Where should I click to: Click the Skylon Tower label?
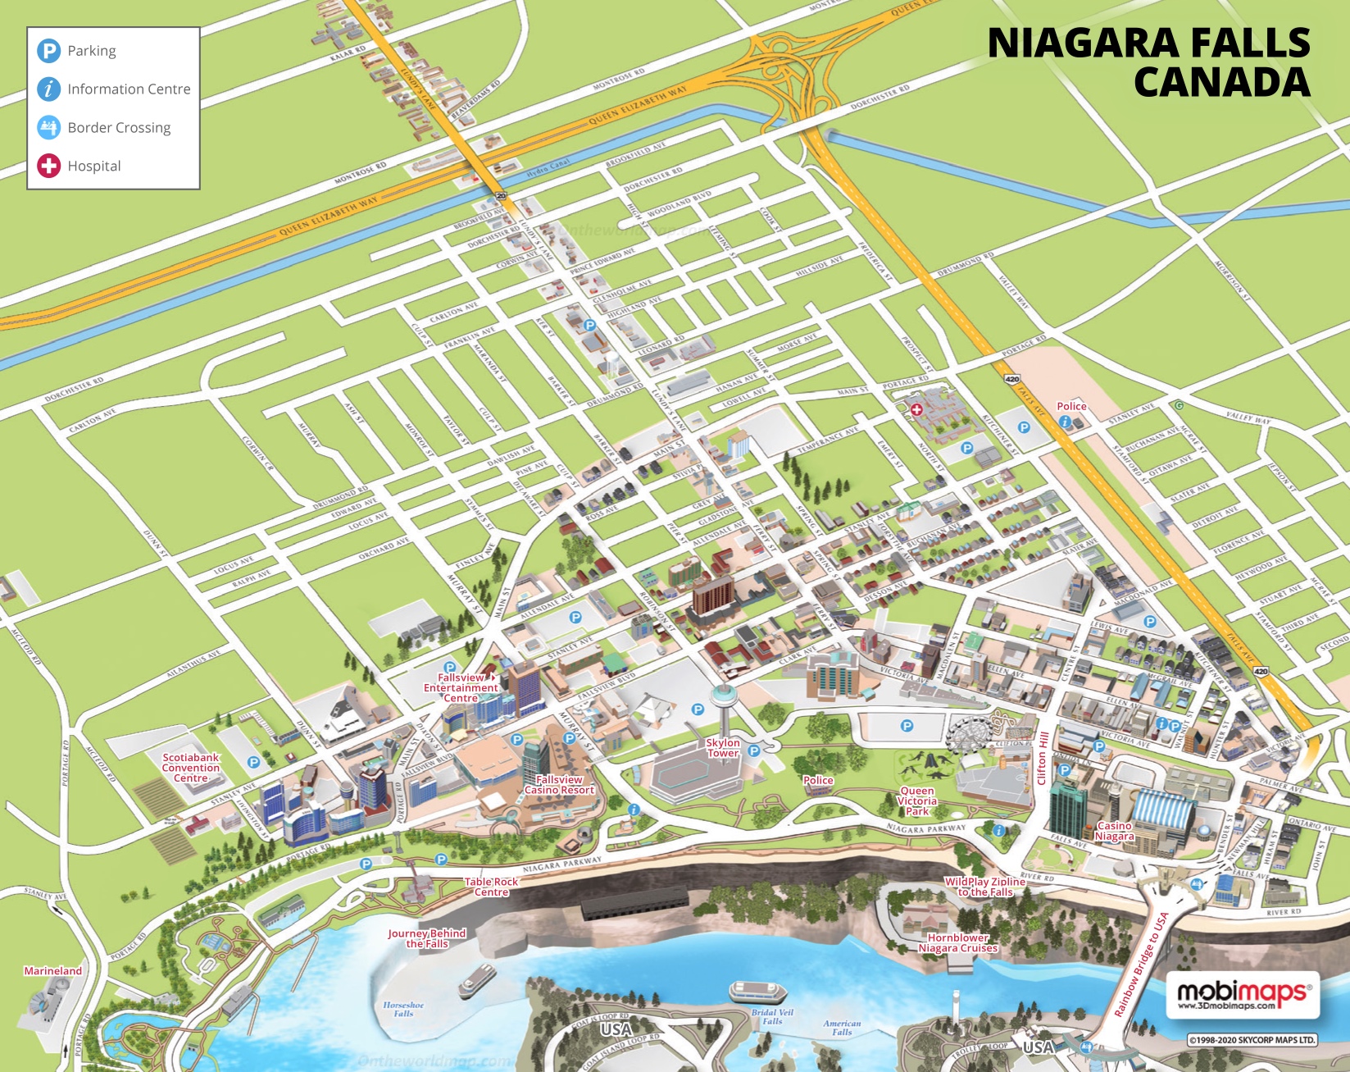click(723, 748)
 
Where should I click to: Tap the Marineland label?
click(53, 971)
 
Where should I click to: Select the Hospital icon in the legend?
click(49, 166)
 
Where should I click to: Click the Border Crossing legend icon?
click(49, 127)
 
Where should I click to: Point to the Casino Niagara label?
click(1114, 832)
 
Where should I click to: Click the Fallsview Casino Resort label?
click(559, 785)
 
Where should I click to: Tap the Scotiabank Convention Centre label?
click(191, 769)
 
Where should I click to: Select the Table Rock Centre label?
click(492, 887)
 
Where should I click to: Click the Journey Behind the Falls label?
click(427, 938)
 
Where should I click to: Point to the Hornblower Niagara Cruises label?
click(957, 943)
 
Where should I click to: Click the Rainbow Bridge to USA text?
click(1141, 965)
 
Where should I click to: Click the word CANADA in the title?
click(1221, 82)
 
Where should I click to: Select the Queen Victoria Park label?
click(916, 801)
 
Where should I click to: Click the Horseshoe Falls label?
click(403, 1009)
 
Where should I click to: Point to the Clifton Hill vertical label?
click(1043, 758)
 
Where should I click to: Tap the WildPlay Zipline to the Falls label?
click(984, 887)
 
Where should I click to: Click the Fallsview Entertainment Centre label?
click(461, 688)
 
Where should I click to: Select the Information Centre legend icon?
click(49, 89)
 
